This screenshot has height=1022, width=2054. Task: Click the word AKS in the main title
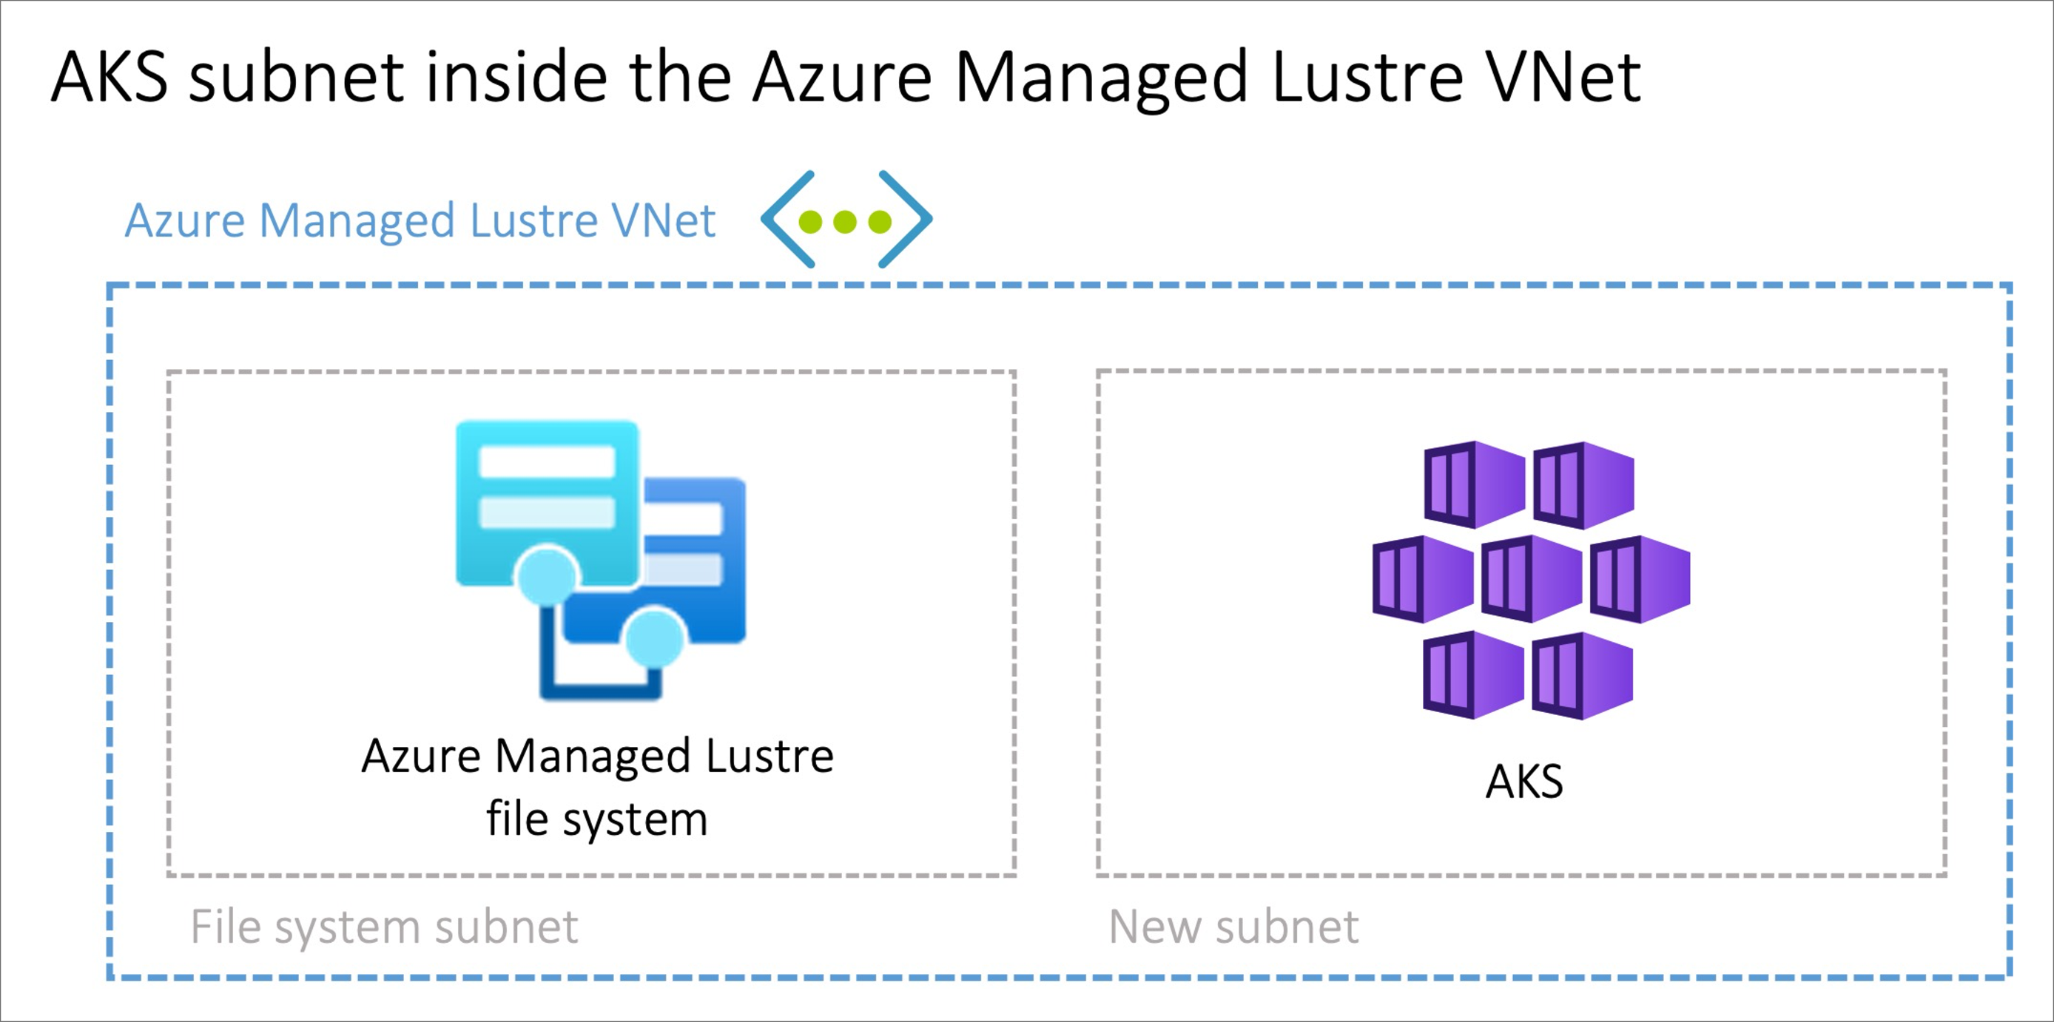point(110,78)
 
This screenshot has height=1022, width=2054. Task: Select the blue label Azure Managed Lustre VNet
point(420,221)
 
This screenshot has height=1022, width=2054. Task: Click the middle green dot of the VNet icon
point(845,221)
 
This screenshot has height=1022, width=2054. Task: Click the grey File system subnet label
point(383,927)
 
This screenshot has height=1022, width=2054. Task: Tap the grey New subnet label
point(1233,927)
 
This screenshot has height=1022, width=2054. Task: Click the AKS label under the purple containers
point(1523,781)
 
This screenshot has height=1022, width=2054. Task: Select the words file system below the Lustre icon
point(596,819)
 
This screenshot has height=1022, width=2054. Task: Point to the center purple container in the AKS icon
point(1531,579)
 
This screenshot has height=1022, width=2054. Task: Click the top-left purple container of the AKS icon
point(1475,484)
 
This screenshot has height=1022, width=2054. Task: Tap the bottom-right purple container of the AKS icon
point(1583,676)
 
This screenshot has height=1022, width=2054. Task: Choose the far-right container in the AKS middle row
point(1640,579)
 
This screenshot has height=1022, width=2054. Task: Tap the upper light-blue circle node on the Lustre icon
point(547,575)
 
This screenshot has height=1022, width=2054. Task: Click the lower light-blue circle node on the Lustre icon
point(655,637)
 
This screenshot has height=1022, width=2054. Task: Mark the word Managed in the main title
point(1100,78)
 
